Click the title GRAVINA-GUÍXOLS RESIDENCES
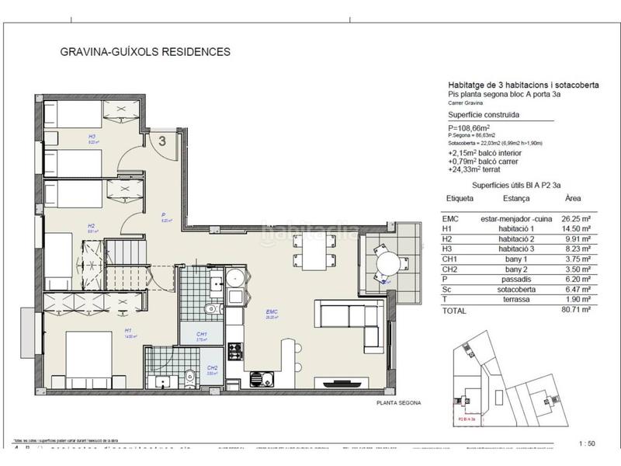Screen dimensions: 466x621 (x=145, y=53)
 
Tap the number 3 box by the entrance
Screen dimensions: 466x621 (x=162, y=141)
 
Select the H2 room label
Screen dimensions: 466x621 (x=91, y=227)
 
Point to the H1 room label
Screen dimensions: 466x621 (x=127, y=332)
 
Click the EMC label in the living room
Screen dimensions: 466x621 (x=270, y=314)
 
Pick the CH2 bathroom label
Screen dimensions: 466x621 (x=211, y=368)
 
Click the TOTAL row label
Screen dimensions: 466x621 (x=454, y=309)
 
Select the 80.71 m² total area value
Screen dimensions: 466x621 (x=575, y=309)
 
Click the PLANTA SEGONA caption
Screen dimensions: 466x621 (x=399, y=404)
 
